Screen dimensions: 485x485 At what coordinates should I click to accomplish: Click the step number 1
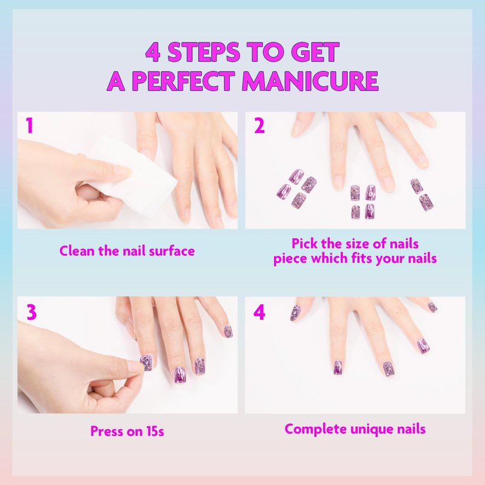[29, 125]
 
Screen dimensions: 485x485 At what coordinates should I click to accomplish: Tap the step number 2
[259, 125]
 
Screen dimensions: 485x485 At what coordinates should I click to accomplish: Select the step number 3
[32, 312]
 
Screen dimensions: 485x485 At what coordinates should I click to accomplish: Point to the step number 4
[259, 312]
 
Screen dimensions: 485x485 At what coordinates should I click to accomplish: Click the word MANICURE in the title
[310, 81]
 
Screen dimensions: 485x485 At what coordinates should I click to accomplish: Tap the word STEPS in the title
[204, 52]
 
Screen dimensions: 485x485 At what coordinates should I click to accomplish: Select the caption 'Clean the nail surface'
[127, 250]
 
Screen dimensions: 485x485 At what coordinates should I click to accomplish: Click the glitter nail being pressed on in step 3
[146, 363]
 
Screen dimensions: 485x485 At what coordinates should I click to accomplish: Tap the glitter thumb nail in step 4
[295, 312]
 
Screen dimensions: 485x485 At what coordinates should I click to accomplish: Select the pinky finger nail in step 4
[432, 307]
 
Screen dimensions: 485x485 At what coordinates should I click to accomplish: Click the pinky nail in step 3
[229, 331]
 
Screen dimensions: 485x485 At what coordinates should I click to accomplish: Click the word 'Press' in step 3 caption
[105, 431]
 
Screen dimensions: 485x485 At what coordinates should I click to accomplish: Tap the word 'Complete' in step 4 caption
[315, 429]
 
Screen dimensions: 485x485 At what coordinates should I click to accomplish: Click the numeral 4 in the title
[153, 52]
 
